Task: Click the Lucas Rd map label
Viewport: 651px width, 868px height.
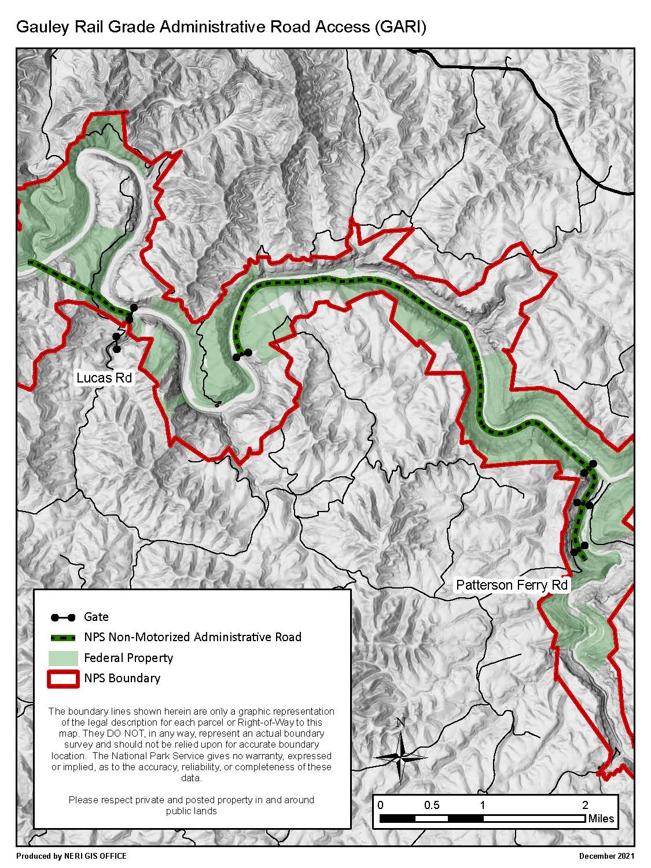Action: point(104,378)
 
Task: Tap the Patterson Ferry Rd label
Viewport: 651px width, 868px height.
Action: point(512,585)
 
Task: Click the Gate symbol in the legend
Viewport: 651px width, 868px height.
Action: point(62,617)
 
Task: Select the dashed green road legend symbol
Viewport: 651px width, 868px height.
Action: point(62,638)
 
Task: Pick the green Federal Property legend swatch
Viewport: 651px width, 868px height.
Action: point(62,658)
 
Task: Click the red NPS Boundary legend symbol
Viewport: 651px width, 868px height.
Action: point(62,678)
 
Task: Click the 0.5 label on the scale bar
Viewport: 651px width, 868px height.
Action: point(432,805)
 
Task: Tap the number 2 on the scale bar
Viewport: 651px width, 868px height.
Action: point(585,805)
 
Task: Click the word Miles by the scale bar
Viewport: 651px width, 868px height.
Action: point(601,819)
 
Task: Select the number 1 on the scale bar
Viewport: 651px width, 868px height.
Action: point(482,805)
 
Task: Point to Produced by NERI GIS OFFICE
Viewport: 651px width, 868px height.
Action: point(71,856)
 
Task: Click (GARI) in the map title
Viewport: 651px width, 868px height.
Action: point(400,27)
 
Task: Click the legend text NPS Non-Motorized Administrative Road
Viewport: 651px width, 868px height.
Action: point(192,637)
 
